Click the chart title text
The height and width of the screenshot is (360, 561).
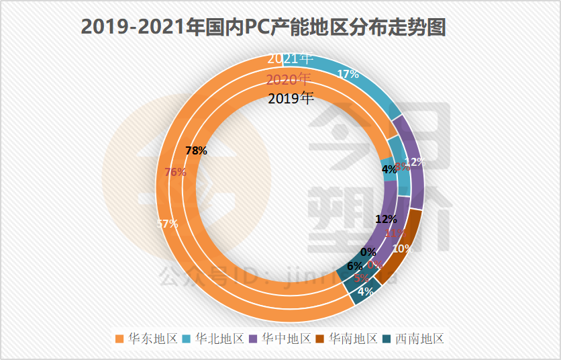pos(263,26)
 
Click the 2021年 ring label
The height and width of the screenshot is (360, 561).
pos(290,58)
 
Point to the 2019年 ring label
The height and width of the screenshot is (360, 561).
pos(290,99)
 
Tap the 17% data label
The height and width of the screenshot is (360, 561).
pos(348,75)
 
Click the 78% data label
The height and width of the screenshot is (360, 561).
pos(196,151)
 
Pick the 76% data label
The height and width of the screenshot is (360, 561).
pos(175,172)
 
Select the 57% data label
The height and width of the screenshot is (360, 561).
pos(167,224)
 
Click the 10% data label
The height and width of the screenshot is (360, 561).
pos(401,248)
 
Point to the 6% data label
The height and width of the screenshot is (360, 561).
pos(355,265)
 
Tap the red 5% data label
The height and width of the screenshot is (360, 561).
pos(361,277)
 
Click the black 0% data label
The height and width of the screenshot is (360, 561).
pos(368,253)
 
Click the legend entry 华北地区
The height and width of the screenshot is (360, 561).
pos(214,339)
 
